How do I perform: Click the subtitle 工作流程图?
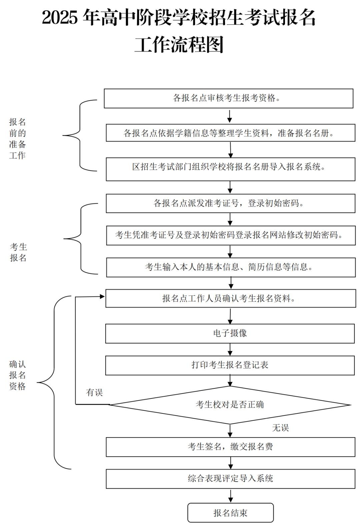pos(179,44)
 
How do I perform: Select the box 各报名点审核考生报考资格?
pos(228,98)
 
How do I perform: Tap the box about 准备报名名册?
pos(230,133)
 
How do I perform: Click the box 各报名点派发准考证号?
pos(230,203)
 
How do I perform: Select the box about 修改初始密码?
pos(231,235)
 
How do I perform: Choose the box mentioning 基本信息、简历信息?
pos(231,267)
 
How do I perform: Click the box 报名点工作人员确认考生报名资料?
pos(230,298)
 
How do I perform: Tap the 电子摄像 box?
pos(230,333)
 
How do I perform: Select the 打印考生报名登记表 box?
pos(230,365)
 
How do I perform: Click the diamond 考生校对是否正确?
pos(230,405)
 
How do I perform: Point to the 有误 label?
pos(94,392)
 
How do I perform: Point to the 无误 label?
pos(280,428)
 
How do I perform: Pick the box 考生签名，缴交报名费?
pos(230,447)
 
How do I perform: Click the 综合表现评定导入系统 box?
pos(230,479)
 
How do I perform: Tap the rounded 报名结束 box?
pos(230,513)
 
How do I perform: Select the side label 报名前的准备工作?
pos(17,139)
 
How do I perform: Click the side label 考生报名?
pos(18,252)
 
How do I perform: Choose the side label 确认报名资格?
pos(17,375)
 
